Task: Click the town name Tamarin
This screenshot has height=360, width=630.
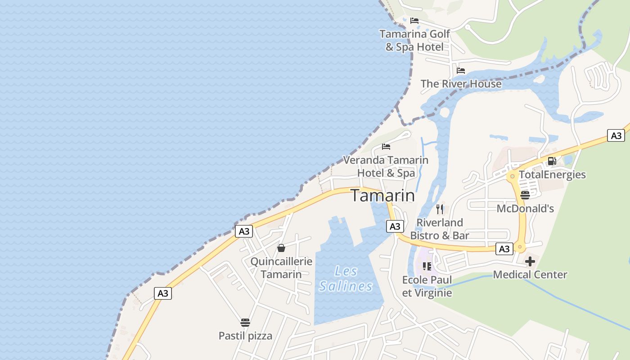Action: pyautogui.click(x=382, y=196)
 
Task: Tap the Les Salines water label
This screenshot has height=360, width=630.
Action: pyautogui.click(x=346, y=279)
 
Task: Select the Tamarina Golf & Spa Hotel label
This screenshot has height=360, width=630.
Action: pyautogui.click(x=414, y=40)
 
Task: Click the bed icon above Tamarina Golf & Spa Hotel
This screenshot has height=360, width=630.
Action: pyautogui.click(x=414, y=21)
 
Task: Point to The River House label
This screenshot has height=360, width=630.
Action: pyautogui.click(x=461, y=84)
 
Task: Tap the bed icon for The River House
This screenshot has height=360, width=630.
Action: pyautogui.click(x=461, y=71)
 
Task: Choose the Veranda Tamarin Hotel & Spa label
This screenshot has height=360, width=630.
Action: pyautogui.click(x=386, y=166)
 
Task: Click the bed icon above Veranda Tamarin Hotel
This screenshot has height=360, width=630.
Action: pyautogui.click(x=386, y=147)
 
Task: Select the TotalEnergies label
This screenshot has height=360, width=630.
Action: pyautogui.click(x=552, y=175)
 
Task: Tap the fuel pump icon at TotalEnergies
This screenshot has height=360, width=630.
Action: pyautogui.click(x=552, y=161)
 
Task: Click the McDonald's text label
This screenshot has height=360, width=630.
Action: pyautogui.click(x=525, y=209)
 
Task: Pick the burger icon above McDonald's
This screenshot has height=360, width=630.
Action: pyautogui.click(x=525, y=195)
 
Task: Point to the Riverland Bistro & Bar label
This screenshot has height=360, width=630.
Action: pyautogui.click(x=440, y=229)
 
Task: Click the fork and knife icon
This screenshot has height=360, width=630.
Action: pyautogui.click(x=440, y=209)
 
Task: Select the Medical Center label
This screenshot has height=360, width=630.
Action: pyautogui.click(x=530, y=274)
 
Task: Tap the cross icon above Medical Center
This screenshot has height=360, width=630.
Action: pyautogui.click(x=530, y=261)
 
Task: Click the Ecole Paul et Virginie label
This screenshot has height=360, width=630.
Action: pyautogui.click(x=427, y=286)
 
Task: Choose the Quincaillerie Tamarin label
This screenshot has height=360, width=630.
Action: pyautogui.click(x=281, y=268)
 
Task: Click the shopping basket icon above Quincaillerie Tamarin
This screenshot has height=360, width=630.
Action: pyautogui.click(x=281, y=248)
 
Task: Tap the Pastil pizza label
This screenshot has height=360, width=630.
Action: pyautogui.click(x=245, y=336)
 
